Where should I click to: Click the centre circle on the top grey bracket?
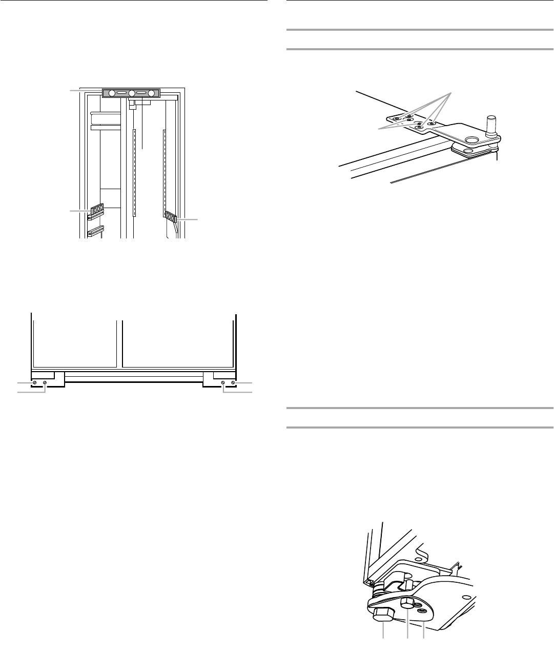pyautogui.click(x=132, y=93)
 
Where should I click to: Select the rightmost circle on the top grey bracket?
pyautogui.click(x=152, y=93)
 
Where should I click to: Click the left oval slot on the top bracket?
pyautogui.click(x=121, y=93)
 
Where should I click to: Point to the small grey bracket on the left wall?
pyautogui.click(x=97, y=209)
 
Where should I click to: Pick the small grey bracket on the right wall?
pyautogui.click(x=170, y=216)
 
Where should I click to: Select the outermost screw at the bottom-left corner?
pyautogui.click(x=34, y=383)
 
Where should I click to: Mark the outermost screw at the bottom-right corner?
pyautogui.click(x=233, y=383)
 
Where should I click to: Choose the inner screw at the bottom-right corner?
pyautogui.click(x=223, y=383)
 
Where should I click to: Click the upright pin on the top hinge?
pyautogui.click(x=490, y=125)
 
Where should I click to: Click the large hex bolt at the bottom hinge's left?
pyautogui.click(x=383, y=613)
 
